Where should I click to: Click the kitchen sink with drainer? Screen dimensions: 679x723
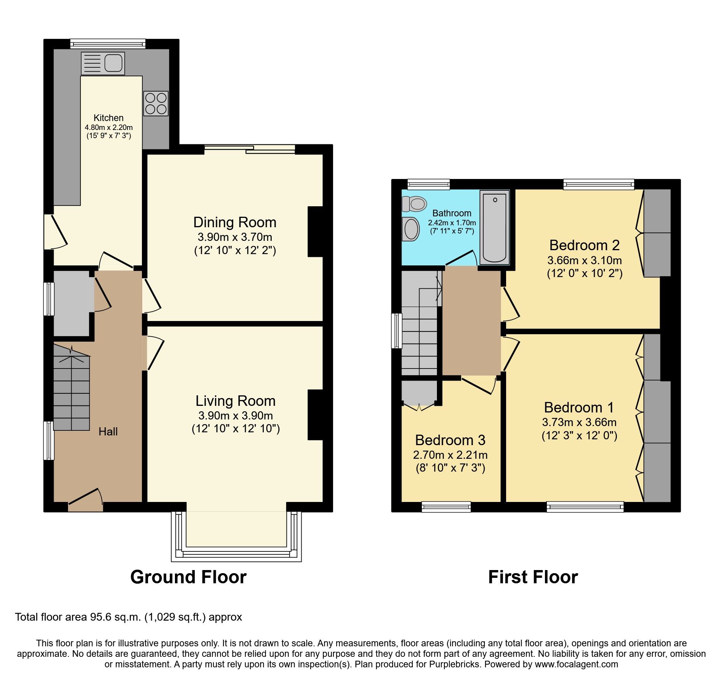[103, 63]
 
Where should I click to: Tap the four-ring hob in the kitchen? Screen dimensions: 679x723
[156, 104]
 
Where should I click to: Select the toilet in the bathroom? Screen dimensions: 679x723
[414, 204]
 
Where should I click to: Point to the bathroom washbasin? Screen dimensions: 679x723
[411, 229]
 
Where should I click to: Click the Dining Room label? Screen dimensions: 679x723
[235, 223]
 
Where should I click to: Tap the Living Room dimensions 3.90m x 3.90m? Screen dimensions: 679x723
[235, 416]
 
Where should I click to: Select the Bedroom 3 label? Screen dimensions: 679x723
[450, 440]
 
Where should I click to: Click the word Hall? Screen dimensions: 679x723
[108, 432]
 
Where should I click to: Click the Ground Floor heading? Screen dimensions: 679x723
[188, 577]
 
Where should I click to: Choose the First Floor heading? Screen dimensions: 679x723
[533, 577]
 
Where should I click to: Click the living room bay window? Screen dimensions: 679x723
[236, 554]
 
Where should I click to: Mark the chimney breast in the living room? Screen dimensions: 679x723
[315, 415]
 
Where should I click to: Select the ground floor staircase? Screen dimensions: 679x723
[72, 393]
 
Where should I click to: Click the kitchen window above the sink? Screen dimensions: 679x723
[108, 44]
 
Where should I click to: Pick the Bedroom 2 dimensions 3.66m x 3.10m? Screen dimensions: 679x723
[584, 260]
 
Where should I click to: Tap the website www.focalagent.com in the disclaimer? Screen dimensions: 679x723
[576, 665]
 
